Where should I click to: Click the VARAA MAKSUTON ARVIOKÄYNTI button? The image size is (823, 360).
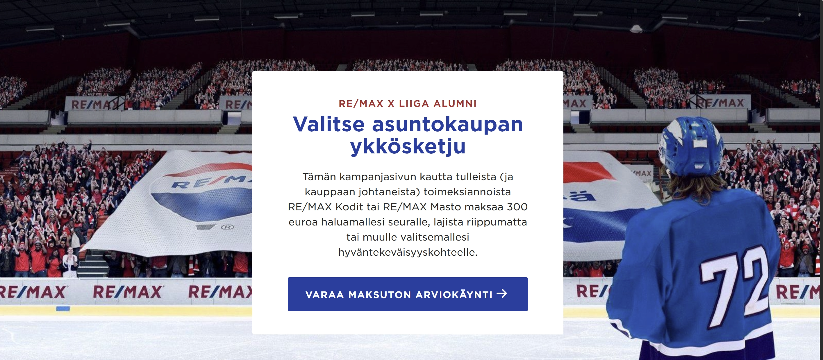point(408,294)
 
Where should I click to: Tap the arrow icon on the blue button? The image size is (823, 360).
point(502,293)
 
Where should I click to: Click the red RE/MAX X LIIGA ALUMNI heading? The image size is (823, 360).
point(408,104)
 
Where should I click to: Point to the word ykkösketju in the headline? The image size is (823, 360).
point(408,147)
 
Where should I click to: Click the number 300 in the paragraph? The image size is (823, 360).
point(517,207)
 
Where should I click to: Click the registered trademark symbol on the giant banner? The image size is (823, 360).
point(227,227)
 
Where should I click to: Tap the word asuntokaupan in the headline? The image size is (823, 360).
point(448,125)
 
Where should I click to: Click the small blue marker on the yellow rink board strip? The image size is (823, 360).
point(63,309)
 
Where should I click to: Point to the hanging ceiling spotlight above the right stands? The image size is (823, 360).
point(636,29)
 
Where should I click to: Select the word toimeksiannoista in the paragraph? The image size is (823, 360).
point(467,192)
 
